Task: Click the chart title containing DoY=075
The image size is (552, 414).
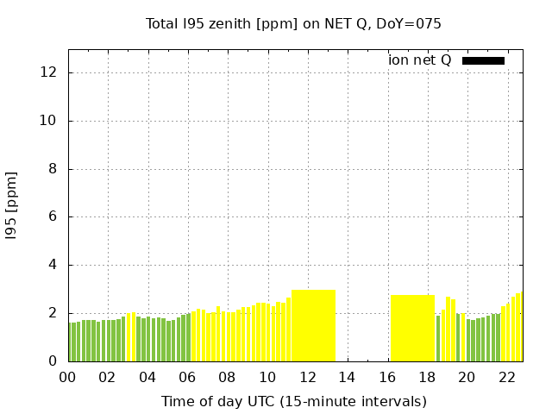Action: click(293, 23)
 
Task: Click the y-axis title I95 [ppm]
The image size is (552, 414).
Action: click(12, 205)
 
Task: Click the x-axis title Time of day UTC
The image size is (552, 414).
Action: click(293, 401)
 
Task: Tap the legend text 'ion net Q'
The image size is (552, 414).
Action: click(420, 60)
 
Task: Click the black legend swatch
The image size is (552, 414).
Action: click(483, 60)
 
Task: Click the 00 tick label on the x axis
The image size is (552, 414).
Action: click(67, 377)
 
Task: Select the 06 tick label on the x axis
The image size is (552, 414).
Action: click(187, 377)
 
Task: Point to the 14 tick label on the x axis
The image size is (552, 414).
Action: click(347, 377)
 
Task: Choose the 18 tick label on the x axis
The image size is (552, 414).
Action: click(427, 377)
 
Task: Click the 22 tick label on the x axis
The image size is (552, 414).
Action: click(506, 377)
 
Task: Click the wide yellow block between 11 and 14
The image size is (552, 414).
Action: click(313, 325)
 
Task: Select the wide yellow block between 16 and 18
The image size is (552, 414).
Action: click(412, 328)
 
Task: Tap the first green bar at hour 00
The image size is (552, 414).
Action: click(70, 342)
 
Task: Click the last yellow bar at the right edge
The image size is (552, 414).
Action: click(519, 327)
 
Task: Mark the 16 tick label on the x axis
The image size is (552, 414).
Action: click(386, 377)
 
